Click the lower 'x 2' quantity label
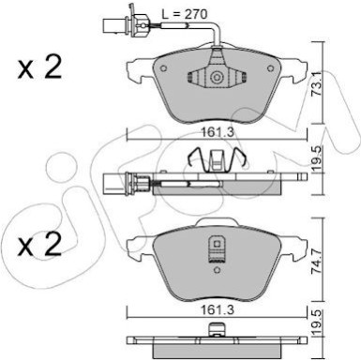point(39,245)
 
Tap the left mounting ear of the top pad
point(133,67)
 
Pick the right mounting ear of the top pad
point(297,67)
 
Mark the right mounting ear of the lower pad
point(297,246)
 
